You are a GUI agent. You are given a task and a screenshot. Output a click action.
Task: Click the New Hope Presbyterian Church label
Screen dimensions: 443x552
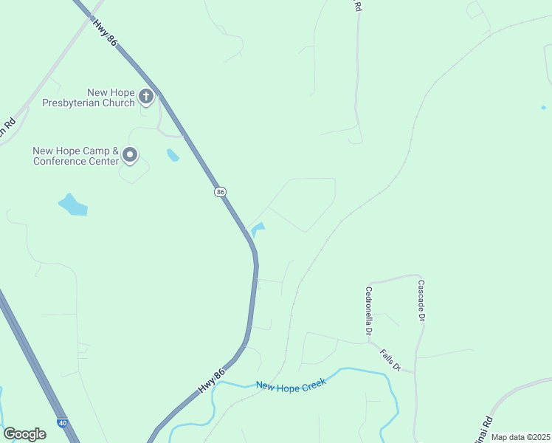click(x=111, y=97)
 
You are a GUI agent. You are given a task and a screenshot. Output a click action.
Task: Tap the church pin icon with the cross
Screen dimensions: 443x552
click(x=146, y=95)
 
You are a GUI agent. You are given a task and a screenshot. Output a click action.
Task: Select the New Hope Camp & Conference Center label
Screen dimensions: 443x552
click(x=75, y=156)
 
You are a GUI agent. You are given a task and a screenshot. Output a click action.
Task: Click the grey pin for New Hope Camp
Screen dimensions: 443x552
click(x=130, y=155)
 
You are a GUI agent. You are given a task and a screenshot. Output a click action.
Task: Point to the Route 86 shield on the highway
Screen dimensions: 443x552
click(x=220, y=192)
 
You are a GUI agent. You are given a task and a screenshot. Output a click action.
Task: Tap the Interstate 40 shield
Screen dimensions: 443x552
click(x=63, y=423)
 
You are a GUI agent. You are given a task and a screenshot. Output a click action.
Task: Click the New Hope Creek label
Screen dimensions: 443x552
click(x=291, y=385)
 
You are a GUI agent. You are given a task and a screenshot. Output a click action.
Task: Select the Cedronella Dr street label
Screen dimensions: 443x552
click(x=367, y=311)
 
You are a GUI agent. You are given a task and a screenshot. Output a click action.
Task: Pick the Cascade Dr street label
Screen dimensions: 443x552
click(x=421, y=300)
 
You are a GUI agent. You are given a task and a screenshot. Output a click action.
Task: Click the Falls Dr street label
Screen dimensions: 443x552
click(x=390, y=360)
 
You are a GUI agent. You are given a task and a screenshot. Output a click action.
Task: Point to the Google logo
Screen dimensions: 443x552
click(x=24, y=434)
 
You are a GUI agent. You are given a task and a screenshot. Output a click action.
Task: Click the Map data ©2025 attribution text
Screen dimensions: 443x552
click(x=520, y=437)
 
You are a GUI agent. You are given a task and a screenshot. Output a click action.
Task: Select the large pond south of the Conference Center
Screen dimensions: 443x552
click(x=72, y=205)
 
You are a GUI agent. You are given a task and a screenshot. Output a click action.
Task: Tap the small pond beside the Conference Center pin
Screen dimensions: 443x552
click(x=173, y=155)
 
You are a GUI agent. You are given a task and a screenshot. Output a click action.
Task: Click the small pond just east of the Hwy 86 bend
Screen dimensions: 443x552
click(x=258, y=229)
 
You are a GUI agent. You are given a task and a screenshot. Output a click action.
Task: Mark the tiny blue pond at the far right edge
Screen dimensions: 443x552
click(x=544, y=108)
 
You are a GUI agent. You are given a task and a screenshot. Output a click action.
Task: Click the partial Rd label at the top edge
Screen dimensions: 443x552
click(x=358, y=6)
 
